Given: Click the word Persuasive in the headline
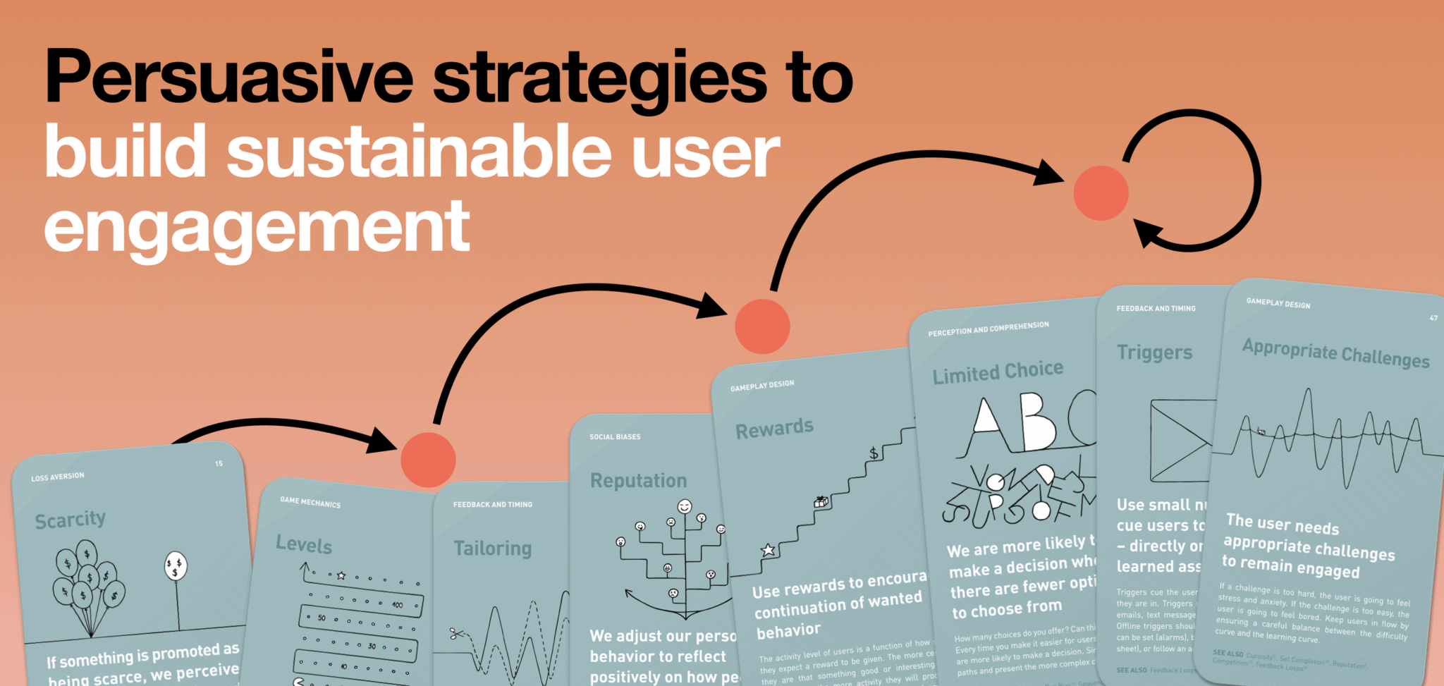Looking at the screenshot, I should [x=228, y=78].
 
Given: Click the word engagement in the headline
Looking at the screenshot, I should [x=257, y=227].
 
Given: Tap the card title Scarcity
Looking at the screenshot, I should [x=71, y=520].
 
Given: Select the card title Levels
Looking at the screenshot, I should [x=304, y=544].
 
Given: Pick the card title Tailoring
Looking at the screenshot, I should [x=492, y=549].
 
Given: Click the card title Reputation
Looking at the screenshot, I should [x=638, y=481].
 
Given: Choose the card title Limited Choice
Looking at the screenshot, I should [x=998, y=372].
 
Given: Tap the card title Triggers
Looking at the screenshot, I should [x=1154, y=352].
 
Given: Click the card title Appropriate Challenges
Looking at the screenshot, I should [x=1335, y=353].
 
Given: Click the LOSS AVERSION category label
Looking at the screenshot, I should [x=58, y=477].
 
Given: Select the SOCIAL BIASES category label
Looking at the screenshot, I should [x=615, y=437].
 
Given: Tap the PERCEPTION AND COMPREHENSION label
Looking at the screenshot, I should [x=988, y=329].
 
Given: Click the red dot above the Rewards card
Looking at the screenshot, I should [x=762, y=326].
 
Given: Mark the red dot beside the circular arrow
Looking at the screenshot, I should [x=1101, y=193].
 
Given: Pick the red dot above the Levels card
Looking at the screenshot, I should [x=428, y=460].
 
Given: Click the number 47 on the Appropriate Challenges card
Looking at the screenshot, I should [x=1433, y=319].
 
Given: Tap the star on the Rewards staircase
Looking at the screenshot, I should [x=769, y=550].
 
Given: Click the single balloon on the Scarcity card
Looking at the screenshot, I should [x=176, y=565].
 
